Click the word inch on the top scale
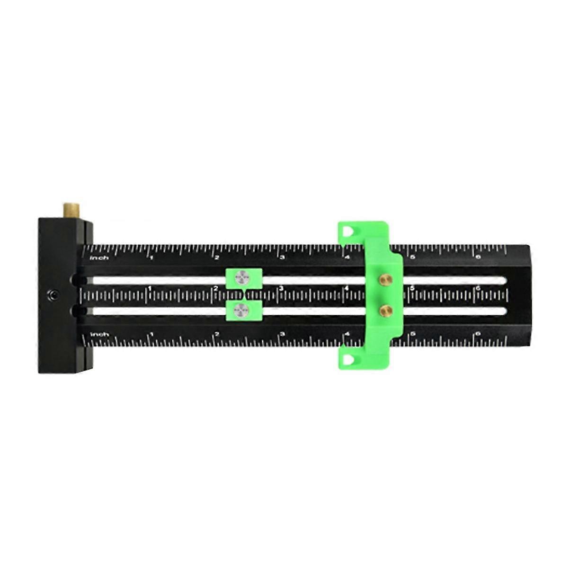click(100, 258)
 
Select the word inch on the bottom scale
click(100, 335)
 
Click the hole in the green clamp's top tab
click(348, 231)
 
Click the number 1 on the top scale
click(151, 257)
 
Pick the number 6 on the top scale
click(478, 257)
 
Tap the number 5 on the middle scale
click(412, 288)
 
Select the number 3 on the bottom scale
click(282, 334)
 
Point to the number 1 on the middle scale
click(150, 288)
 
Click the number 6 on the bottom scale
click(478, 334)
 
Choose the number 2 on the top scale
click(217, 257)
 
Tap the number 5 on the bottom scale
click(413, 334)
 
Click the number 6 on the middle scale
click(478, 288)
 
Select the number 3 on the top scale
click(282, 257)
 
